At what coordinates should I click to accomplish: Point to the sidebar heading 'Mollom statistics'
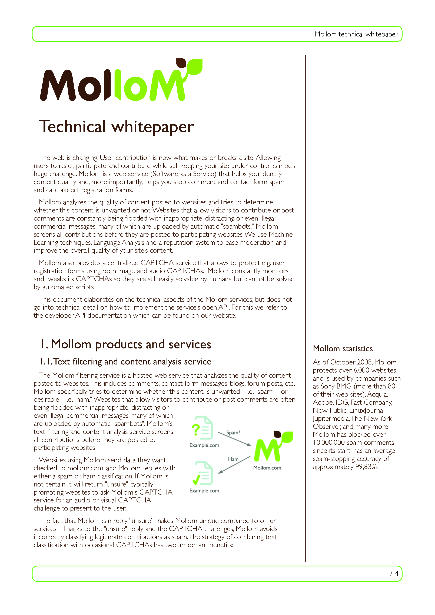[x=343, y=349]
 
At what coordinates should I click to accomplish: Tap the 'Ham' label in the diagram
[x=233, y=459]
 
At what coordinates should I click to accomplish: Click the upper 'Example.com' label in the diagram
[x=204, y=445]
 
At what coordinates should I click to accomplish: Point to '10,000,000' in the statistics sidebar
[x=329, y=442]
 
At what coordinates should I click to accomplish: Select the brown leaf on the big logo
[x=181, y=63]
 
